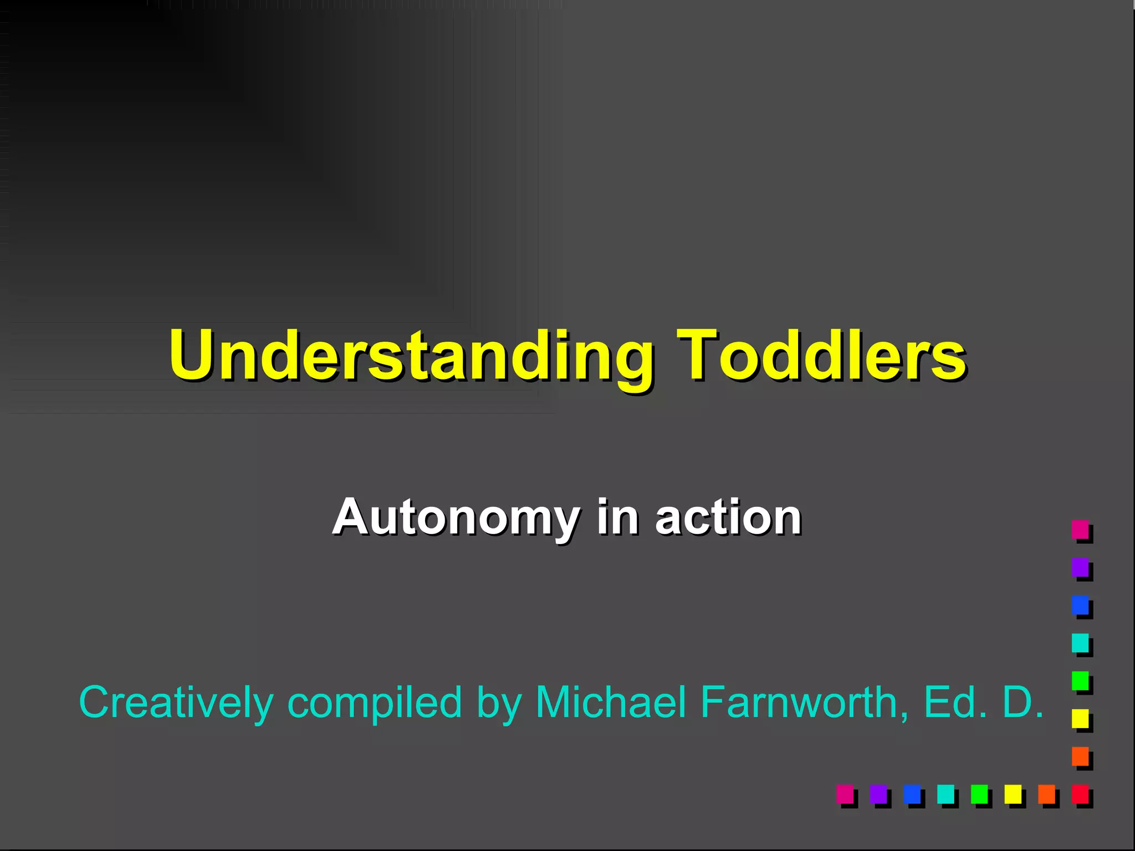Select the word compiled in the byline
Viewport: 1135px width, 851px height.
click(375, 703)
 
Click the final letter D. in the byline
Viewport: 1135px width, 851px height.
click(1022, 701)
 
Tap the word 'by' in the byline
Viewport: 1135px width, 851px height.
click(499, 703)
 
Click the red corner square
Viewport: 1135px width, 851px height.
click(1080, 794)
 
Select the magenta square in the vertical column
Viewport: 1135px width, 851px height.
click(1080, 529)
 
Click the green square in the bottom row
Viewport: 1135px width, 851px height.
click(979, 794)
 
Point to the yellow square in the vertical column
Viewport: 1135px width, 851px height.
click(1080, 719)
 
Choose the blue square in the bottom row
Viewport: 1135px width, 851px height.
click(912, 794)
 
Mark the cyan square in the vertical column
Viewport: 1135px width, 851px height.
click(1080, 643)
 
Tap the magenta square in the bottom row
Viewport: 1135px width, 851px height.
click(845, 794)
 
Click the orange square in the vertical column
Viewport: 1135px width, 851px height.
click(1080, 756)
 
